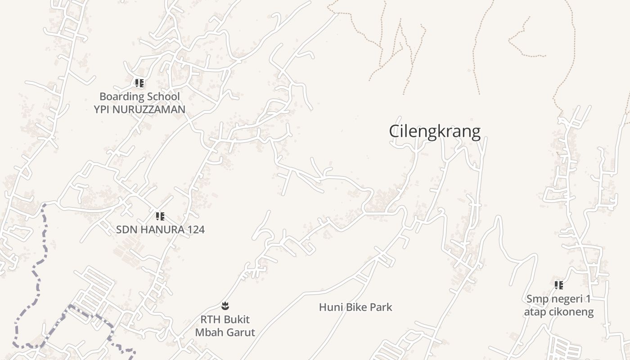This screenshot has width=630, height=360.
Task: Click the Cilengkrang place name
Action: (x=435, y=131)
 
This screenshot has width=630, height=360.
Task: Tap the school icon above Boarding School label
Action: (x=139, y=83)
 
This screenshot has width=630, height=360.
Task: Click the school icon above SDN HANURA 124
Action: (x=160, y=216)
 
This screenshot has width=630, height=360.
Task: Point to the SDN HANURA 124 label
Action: (x=160, y=229)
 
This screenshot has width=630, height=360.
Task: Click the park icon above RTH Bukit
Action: (x=225, y=306)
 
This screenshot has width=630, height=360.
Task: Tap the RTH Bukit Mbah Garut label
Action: (x=225, y=326)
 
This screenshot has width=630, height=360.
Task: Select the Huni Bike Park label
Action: (x=355, y=307)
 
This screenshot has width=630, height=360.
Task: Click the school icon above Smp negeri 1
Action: (x=558, y=285)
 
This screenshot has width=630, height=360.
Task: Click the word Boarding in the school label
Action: (x=119, y=96)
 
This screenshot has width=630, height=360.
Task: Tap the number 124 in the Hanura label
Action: (x=195, y=229)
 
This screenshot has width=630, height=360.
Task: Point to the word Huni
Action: (x=329, y=307)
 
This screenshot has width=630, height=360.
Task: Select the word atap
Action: (x=535, y=312)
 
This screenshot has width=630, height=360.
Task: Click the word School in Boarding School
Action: (x=161, y=96)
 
